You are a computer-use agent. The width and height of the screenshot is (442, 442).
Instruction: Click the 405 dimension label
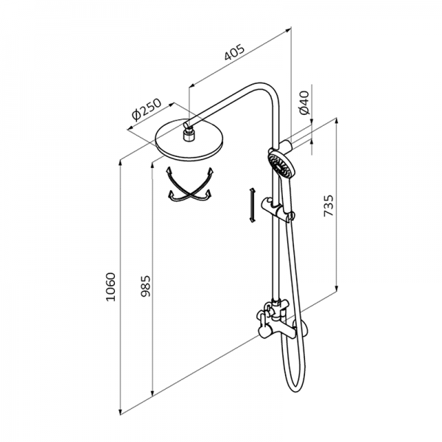[234, 52]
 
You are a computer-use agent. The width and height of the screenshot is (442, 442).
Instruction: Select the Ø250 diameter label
[146, 109]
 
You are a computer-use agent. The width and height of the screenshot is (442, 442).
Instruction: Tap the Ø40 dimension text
[304, 102]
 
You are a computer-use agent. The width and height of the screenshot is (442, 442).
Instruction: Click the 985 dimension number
[146, 286]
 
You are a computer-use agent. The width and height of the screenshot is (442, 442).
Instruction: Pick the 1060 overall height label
[110, 287]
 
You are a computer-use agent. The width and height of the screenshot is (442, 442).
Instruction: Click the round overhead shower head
[189, 140]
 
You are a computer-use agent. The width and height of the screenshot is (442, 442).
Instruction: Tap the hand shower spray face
[280, 166]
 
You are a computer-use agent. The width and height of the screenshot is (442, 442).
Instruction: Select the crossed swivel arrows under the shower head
[189, 184]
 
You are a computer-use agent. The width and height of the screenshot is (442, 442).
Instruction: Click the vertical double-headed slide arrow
[252, 205]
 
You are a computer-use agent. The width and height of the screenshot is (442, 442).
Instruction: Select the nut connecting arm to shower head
[189, 135]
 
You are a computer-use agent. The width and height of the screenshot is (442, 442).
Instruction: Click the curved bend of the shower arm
[268, 90]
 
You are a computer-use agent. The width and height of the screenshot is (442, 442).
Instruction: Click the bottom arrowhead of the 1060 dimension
[121, 411]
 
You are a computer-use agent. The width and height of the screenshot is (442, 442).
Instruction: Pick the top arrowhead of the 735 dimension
[337, 122]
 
